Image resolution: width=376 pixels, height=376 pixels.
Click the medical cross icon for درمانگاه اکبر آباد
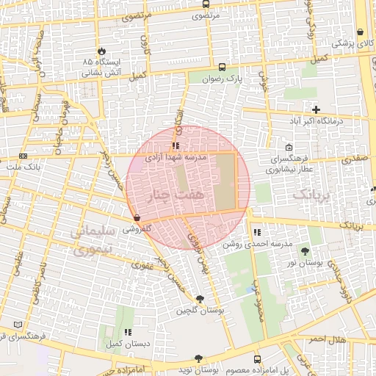[316, 109]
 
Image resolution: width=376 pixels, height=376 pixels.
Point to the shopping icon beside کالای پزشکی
[360, 32]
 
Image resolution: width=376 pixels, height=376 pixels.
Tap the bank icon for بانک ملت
[23, 156]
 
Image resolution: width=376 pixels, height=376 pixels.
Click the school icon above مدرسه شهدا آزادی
[175, 145]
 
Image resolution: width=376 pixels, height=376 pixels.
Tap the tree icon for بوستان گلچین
[200, 298]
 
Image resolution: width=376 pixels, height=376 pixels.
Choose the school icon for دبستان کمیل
[128, 332]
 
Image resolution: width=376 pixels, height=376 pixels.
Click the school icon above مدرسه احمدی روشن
[256, 232]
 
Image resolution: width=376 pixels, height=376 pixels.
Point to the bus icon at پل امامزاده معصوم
[257, 359]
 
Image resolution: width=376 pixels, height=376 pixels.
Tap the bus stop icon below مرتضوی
[205, 15]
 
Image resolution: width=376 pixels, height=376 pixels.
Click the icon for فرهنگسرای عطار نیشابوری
[289, 146]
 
